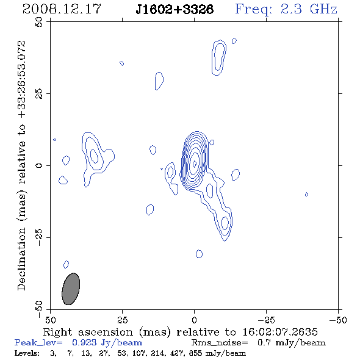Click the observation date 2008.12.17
tap(62, 9)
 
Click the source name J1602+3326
tap(175, 9)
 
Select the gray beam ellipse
tap(71, 289)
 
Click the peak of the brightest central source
tap(194, 164)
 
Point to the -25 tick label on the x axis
tap(266, 320)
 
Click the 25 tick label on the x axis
tap(123, 320)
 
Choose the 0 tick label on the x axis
tap(194, 320)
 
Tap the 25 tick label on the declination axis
tap(39, 94)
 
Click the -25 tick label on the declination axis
tap(39, 237)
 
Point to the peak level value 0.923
tap(84, 343)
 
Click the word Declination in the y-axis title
tap(21, 259)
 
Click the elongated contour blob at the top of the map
tap(218, 57)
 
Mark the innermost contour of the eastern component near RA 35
tap(94, 156)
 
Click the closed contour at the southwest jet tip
tap(225, 223)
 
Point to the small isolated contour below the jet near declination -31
tap(199, 254)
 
